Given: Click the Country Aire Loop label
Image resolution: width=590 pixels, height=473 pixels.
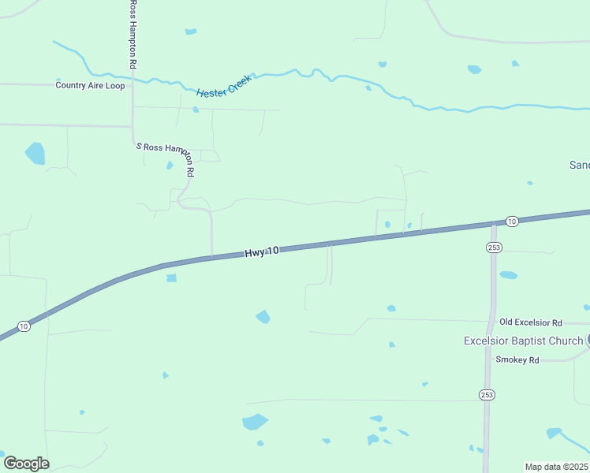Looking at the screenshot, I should point(90,85).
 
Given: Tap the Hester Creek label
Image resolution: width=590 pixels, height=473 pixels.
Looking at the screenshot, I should point(224,86).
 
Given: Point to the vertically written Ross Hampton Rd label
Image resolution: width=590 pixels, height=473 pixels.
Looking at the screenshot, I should point(133,33).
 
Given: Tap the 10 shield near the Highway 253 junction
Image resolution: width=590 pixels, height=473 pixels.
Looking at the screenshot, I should point(511,221).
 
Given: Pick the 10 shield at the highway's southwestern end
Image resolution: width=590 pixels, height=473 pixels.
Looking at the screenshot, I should point(24,326).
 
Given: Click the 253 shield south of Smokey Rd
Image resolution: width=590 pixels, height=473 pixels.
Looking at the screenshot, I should point(486,393).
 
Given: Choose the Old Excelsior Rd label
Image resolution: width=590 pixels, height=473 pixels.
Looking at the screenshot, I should point(530,322).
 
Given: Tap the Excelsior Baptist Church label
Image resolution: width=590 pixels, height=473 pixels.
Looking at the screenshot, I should point(522,341).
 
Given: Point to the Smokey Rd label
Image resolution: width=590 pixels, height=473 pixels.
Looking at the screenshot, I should point(517,359).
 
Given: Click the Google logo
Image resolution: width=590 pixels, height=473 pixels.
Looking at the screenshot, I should point(26,464).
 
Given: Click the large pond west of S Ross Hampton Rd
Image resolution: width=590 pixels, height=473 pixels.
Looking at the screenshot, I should point(35,153).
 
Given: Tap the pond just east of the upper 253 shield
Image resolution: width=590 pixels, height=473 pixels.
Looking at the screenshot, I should point(509,275).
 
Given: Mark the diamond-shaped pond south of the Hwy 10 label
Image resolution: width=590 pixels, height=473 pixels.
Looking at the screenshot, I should point(263,317).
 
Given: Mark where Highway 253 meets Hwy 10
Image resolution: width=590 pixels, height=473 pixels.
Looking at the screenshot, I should point(494,225).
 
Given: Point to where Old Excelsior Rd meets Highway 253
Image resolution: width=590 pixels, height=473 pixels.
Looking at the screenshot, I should point(491,321).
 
